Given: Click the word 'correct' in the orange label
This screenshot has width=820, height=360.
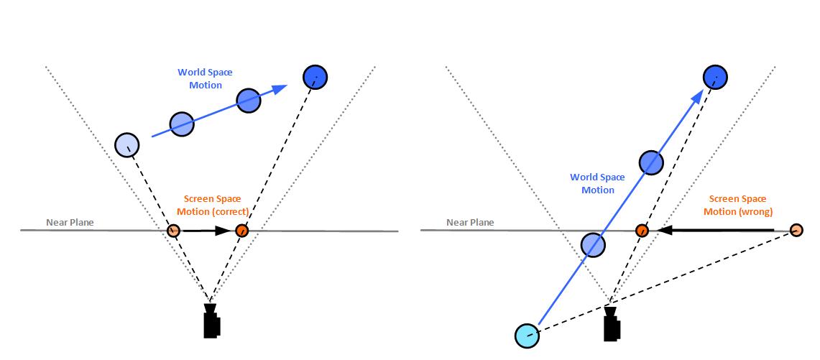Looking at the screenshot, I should pyautogui.click(x=232, y=211).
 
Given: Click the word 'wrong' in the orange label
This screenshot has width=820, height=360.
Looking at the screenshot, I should pyautogui.click(x=757, y=211).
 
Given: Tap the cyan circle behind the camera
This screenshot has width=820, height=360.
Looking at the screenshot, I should pyautogui.click(x=527, y=334).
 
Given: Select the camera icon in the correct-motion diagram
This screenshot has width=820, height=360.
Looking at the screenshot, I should pyautogui.click(x=211, y=321).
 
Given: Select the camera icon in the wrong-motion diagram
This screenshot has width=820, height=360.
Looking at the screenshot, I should pyautogui.click(x=612, y=324).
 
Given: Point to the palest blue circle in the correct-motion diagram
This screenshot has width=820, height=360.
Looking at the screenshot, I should pyautogui.click(x=127, y=144).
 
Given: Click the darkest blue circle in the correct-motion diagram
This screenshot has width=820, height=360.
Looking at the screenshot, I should pyautogui.click(x=315, y=76).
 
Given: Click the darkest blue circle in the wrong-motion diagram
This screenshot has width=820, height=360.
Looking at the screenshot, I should pyautogui.click(x=715, y=76).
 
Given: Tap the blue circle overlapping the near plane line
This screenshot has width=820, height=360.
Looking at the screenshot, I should pyautogui.click(x=592, y=245).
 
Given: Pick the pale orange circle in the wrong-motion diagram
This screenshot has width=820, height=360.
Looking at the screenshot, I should pyautogui.click(x=796, y=230).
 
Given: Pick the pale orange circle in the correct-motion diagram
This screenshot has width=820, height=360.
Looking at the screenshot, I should pyautogui.click(x=173, y=231).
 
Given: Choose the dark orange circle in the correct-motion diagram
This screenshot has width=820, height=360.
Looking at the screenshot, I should pyautogui.click(x=241, y=231).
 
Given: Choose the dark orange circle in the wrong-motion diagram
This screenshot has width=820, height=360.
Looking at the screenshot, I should pyautogui.click(x=642, y=231).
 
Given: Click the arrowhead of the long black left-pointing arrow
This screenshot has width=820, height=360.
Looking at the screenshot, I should pyautogui.click(x=665, y=231).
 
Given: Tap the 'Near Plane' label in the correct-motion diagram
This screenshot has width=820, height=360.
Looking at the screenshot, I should pyautogui.click(x=70, y=222).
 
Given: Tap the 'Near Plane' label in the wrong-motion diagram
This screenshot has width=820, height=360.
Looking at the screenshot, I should pyautogui.click(x=470, y=222).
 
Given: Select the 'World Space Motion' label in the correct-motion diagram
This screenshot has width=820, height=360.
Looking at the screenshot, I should pyautogui.click(x=206, y=79).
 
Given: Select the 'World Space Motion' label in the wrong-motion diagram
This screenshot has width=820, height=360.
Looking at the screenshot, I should pyautogui.click(x=597, y=183).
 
